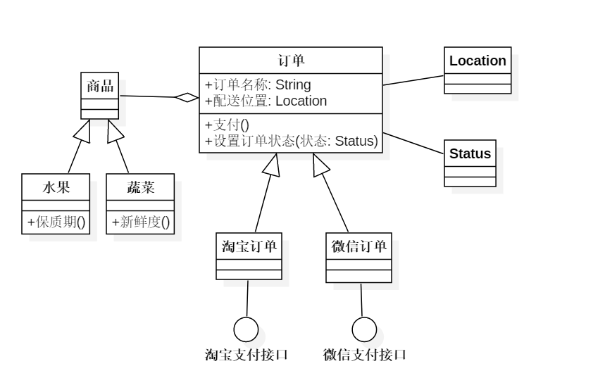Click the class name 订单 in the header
(x=290, y=60)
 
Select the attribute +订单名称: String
(x=258, y=85)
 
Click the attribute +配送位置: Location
(x=266, y=101)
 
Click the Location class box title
(x=478, y=61)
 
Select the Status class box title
(x=470, y=153)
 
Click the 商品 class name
(x=100, y=87)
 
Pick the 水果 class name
(x=56, y=187)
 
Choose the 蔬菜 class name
(x=140, y=187)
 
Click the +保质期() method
(x=56, y=222)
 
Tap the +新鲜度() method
(x=140, y=222)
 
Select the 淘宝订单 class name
(x=249, y=246)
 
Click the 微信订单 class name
(x=358, y=246)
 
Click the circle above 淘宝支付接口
(x=246, y=329)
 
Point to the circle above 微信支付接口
(x=364, y=329)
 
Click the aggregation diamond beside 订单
(x=187, y=98)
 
